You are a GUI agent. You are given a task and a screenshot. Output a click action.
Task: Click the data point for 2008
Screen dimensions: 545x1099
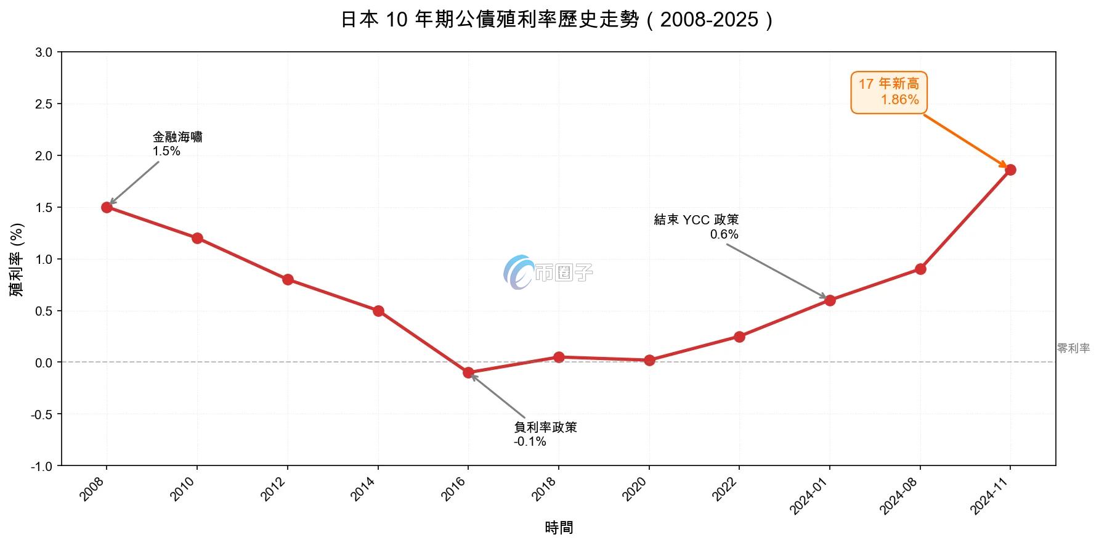coord(107,207)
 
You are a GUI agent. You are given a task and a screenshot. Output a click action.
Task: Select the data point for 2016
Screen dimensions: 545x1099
coord(468,372)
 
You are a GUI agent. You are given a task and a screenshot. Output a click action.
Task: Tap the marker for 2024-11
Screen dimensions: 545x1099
coord(1010,170)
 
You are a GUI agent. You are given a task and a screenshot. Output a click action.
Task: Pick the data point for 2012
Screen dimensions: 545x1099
coord(288,279)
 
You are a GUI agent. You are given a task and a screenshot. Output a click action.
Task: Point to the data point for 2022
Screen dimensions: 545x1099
coord(739,337)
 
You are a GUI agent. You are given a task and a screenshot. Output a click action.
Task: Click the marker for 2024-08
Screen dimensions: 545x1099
coord(920,269)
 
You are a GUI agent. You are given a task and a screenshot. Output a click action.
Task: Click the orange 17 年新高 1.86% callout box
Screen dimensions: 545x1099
coord(888,92)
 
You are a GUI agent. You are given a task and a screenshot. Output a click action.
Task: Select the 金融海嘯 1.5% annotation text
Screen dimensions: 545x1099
coord(177,144)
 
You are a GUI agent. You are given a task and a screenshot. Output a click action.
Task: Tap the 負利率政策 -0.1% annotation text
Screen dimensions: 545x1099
coord(545,434)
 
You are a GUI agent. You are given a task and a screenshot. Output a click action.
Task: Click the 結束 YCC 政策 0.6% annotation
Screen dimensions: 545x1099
coord(696,227)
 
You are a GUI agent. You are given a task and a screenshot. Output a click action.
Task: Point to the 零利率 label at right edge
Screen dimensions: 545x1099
coord(1073,348)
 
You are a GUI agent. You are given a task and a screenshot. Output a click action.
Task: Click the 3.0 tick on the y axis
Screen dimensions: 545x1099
coord(44,52)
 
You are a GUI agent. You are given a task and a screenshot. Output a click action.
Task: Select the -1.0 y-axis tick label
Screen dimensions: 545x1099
coord(42,466)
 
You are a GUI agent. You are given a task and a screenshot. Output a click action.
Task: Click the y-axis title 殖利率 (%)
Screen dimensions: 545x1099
coord(17,260)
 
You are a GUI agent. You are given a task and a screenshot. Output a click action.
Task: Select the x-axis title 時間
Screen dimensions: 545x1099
coord(559,528)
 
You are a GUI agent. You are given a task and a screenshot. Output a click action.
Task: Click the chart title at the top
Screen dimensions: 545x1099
coord(558,20)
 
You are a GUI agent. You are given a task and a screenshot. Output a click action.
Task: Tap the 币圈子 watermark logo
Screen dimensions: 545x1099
coord(547,272)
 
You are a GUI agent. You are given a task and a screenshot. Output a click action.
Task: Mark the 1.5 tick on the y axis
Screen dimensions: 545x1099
coord(44,208)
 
